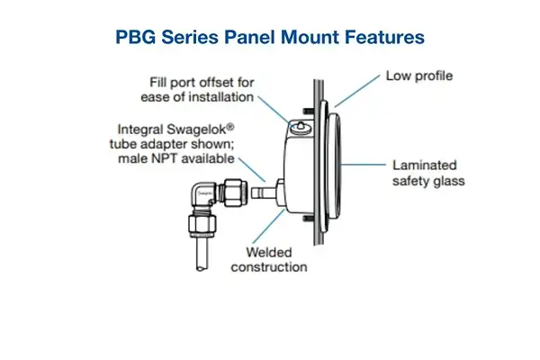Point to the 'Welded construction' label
click(x=269, y=259)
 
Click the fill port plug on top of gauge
click(x=298, y=121)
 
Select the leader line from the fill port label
click(x=274, y=104)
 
